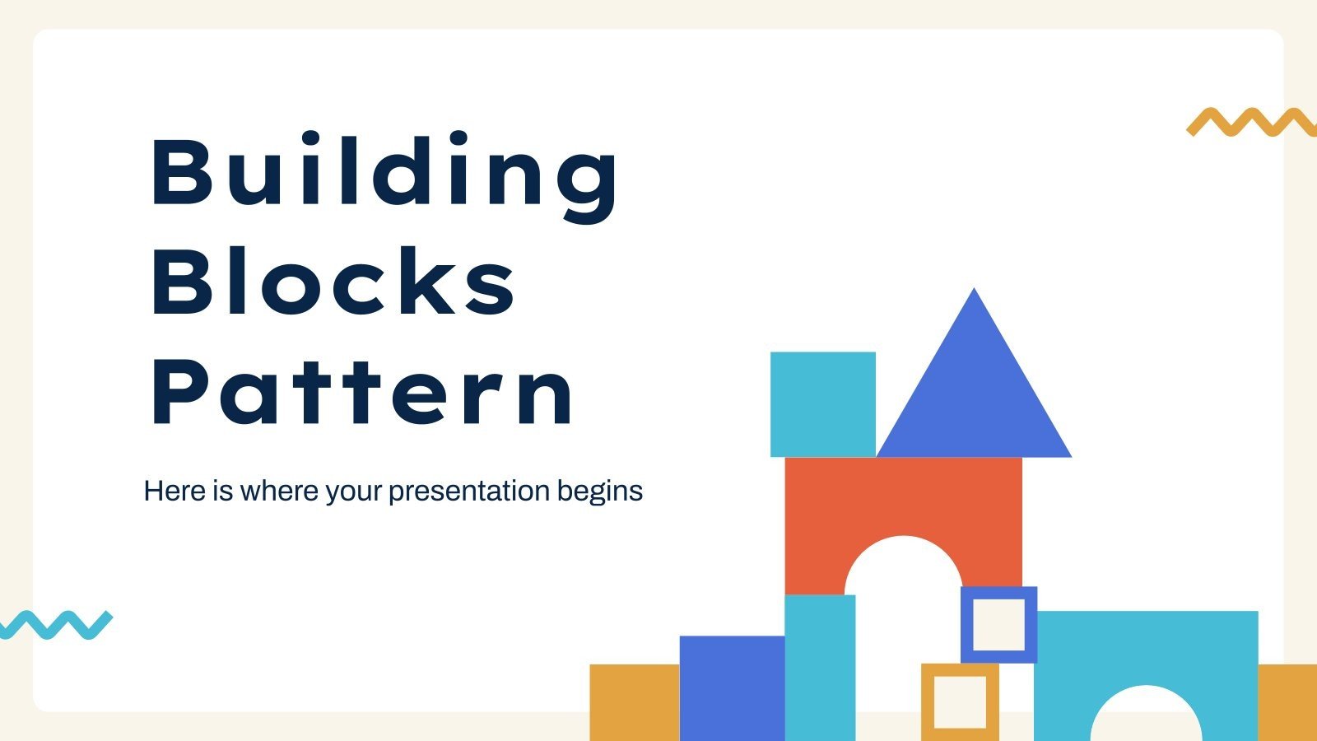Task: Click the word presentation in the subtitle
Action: tap(468, 491)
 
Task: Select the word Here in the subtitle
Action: tap(175, 491)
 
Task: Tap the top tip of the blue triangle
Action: tap(975, 291)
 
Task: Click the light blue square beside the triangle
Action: tap(822, 404)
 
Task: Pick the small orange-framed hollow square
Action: tap(960, 670)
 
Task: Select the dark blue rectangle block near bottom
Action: tap(732, 687)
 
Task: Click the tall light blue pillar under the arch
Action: tap(820, 667)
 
